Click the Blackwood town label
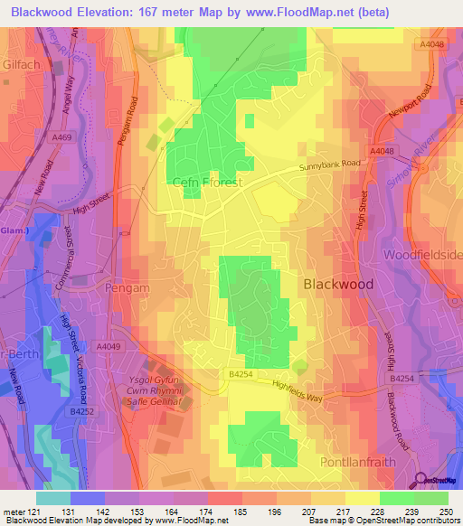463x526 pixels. click(x=337, y=283)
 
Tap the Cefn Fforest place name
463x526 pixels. click(x=207, y=182)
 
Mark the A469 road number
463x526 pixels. click(x=62, y=137)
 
